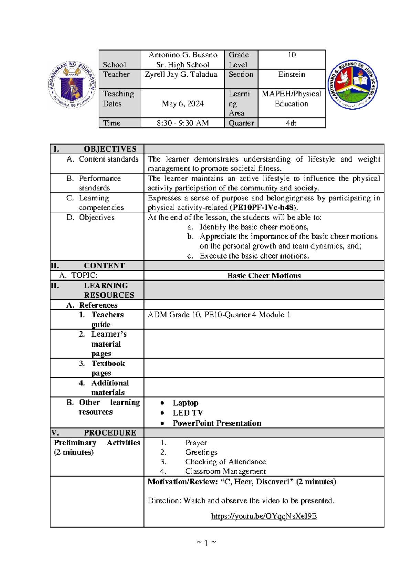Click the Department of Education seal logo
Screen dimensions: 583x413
pyautogui.click(x=72, y=85)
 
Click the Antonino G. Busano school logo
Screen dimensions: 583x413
pyautogui.click(x=352, y=85)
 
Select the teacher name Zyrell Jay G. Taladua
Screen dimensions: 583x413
pyautogui.click(x=181, y=75)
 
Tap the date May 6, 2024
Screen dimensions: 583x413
pyautogui.click(x=183, y=104)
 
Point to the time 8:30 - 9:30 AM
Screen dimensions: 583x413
pyautogui.click(x=183, y=123)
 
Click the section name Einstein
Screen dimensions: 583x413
pyautogui.click(x=292, y=75)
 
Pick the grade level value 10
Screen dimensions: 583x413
pyautogui.click(x=292, y=55)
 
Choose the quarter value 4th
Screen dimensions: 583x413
pyautogui.click(x=291, y=123)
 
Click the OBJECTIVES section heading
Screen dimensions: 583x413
pyautogui.click(x=110, y=149)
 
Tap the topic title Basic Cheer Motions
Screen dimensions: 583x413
pyautogui.click(x=264, y=276)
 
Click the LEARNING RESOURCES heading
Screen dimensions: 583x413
pyautogui.click(x=109, y=290)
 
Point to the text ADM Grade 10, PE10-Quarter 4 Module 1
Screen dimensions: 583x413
pyautogui.click(x=219, y=315)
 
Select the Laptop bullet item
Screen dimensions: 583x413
pyautogui.click(x=185, y=403)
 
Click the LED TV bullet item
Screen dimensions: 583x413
pyautogui.click(x=188, y=413)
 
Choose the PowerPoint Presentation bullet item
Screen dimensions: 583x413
pyautogui.click(x=217, y=423)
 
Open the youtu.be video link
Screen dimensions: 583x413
pyautogui.click(x=264, y=516)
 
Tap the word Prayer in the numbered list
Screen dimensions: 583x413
pyautogui.click(x=196, y=443)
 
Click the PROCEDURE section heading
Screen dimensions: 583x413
pyautogui.click(x=110, y=433)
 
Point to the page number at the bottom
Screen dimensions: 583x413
pyautogui.click(x=206, y=543)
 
